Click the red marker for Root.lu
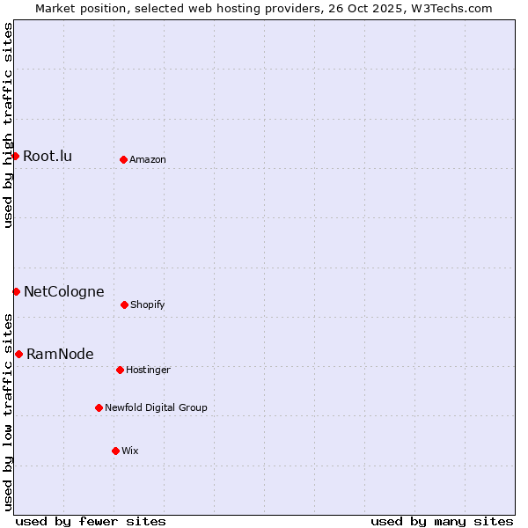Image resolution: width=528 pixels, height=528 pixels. [x=15, y=156]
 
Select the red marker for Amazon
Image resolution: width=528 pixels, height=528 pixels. [x=123, y=159]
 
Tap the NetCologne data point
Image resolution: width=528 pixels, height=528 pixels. [x=16, y=291]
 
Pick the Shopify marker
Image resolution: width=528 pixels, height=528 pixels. [x=124, y=304]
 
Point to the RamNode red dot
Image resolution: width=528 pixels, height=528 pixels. [x=18, y=354]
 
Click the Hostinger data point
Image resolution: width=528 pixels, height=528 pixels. [x=120, y=370]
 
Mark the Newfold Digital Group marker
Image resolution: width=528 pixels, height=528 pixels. [x=99, y=407]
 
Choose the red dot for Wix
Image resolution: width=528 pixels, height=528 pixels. [x=115, y=451]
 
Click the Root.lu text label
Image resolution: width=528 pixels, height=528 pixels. [x=48, y=157]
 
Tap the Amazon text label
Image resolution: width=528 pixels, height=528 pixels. [x=147, y=160]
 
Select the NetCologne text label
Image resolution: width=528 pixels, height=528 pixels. [x=63, y=292]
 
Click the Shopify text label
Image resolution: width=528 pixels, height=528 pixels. [x=147, y=305]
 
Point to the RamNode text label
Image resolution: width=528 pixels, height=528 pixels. [x=60, y=355]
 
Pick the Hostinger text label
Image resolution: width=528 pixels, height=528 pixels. [x=148, y=370]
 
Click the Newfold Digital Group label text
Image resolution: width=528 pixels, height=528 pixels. [x=156, y=408]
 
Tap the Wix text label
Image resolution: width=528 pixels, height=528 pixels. [x=129, y=451]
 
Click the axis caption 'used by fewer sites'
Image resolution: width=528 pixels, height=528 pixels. [x=91, y=522]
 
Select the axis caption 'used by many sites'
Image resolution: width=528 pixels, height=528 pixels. [x=442, y=522]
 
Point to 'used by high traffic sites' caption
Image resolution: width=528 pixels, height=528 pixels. [x=8, y=126]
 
